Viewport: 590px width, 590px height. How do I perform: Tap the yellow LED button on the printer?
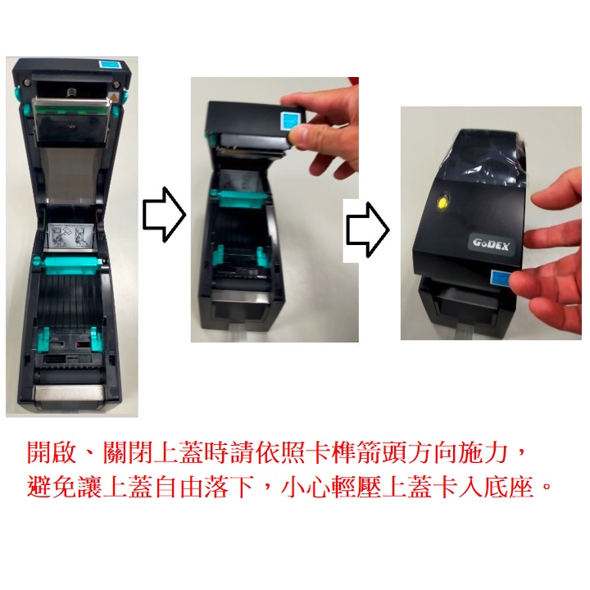442,202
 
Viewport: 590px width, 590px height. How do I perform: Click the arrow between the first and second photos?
165,215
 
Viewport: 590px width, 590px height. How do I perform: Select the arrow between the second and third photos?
368,230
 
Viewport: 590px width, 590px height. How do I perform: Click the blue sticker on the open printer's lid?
111,64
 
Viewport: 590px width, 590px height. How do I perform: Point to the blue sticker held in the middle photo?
292,120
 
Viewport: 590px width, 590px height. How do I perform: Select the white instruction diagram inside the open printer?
70,235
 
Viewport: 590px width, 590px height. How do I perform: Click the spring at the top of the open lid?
70,91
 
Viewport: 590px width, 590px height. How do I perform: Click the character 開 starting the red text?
39,452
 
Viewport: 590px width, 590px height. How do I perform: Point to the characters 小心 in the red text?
306,487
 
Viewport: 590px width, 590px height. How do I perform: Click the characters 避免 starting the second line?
52,487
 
